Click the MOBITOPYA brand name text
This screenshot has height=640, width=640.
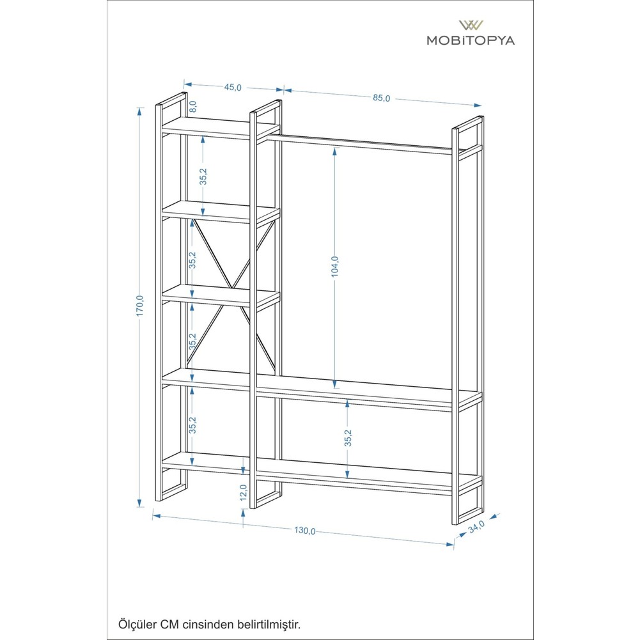point(471,40)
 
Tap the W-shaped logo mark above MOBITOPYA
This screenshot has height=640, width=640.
point(471,26)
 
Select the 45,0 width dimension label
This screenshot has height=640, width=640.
point(233,88)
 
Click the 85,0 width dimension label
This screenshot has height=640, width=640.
point(381,98)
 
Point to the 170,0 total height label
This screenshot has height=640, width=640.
point(140,306)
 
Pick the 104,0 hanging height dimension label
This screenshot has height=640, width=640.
point(334,267)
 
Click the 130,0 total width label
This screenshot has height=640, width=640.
point(305,531)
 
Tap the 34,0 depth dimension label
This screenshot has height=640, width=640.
point(476,527)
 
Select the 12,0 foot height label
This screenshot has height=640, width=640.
point(243,492)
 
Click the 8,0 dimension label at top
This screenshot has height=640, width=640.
point(193,106)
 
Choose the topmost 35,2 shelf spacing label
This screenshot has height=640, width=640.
point(203,176)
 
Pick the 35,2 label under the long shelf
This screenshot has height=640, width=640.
point(348,437)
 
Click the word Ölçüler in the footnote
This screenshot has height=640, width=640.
point(137,625)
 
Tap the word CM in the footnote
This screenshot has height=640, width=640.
point(169,625)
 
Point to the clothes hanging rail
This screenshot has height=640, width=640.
point(359,146)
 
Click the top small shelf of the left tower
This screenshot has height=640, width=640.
point(221,127)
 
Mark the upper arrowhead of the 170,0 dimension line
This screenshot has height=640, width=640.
point(140,112)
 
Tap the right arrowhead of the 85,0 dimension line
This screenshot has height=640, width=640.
point(477,105)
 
